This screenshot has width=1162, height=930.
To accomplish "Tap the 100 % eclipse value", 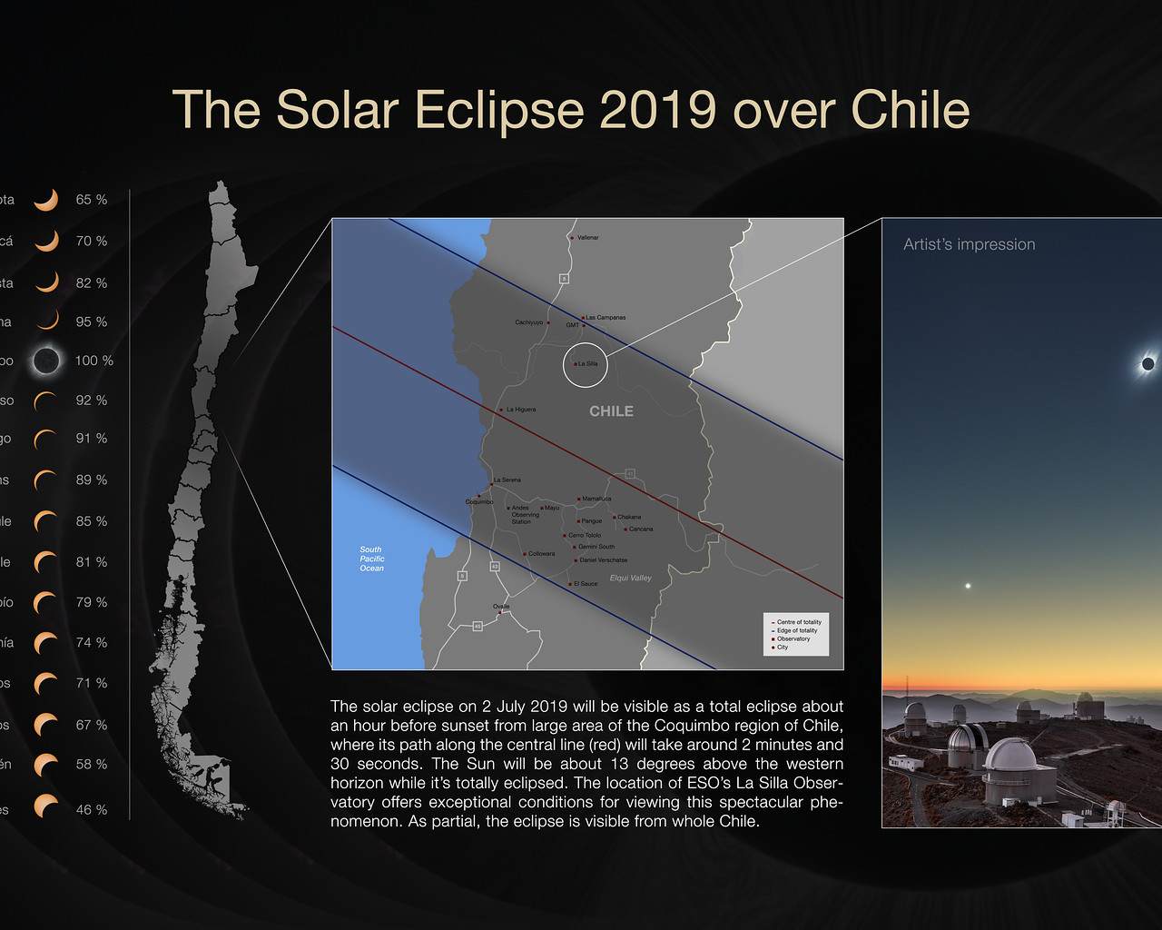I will click(94, 361).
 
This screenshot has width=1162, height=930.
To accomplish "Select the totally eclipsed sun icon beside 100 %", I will click(46, 361).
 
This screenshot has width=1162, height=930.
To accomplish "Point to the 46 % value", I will click(91, 809).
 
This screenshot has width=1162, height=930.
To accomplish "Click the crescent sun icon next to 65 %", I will click(46, 200).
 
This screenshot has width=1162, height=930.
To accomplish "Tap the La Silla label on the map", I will click(588, 363).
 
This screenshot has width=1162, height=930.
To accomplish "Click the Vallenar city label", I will click(588, 237).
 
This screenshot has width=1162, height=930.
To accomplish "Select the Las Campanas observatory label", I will click(606, 317).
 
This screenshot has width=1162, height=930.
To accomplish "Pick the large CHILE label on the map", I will click(611, 411).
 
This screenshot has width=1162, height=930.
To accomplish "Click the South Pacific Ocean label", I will click(371, 559).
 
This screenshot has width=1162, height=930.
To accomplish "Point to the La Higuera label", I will click(521, 410).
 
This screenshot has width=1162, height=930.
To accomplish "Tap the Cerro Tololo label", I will click(585, 535).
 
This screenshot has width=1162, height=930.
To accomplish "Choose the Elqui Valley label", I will click(631, 578).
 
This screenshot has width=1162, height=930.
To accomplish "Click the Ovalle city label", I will click(501, 606).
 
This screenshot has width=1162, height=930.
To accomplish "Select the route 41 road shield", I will click(629, 474).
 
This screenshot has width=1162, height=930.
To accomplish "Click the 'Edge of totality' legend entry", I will click(796, 630).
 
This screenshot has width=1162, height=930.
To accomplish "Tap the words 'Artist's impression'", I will click(969, 244).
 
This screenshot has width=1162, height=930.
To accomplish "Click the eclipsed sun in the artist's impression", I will click(1147, 364).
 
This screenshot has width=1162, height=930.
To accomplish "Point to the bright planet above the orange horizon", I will click(968, 586).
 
